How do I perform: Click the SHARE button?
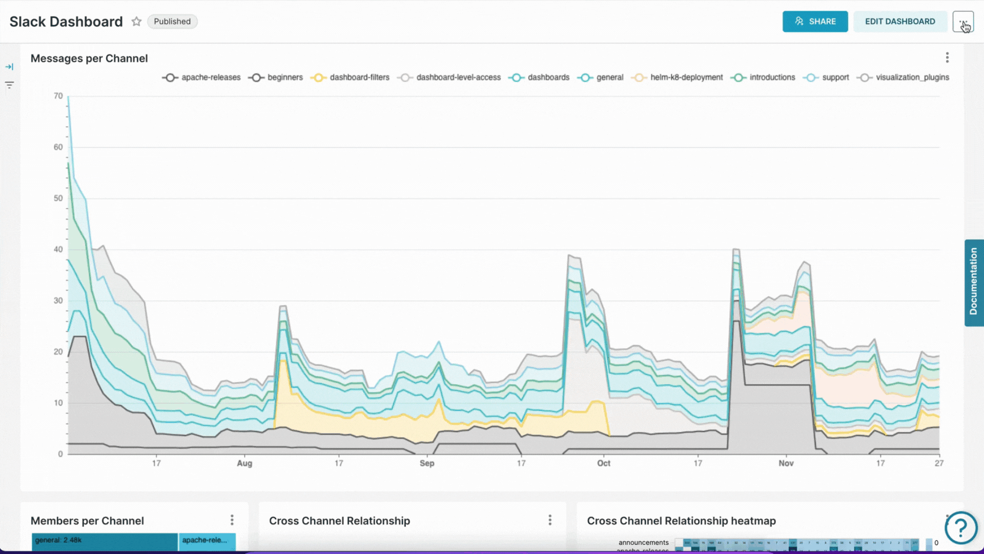tap(815, 22)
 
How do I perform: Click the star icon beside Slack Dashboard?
tap(136, 22)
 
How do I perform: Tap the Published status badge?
tap(172, 22)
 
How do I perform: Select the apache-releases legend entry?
tap(201, 77)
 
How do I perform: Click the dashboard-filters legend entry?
tap(350, 77)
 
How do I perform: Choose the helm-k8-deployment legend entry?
tap(678, 77)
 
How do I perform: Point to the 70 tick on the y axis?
tap(58, 96)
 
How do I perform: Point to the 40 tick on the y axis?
tap(58, 249)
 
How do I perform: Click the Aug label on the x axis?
tap(244, 463)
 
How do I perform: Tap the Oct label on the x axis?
tap(604, 463)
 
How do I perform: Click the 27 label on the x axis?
tap(939, 463)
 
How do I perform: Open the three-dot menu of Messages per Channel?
tap(947, 57)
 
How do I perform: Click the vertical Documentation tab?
tap(974, 282)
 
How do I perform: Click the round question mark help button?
tap(961, 527)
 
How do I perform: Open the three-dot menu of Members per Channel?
tap(232, 520)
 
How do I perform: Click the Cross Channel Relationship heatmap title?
tap(681, 521)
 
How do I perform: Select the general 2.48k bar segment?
tap(105, 541)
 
